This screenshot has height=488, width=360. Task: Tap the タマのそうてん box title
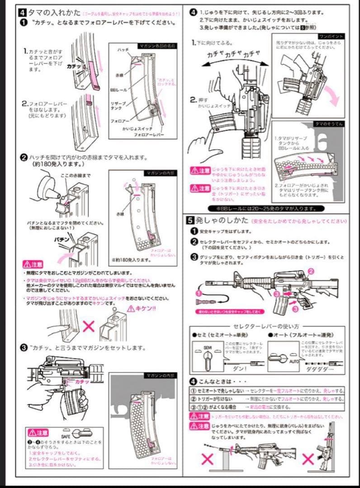click(328, 123)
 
